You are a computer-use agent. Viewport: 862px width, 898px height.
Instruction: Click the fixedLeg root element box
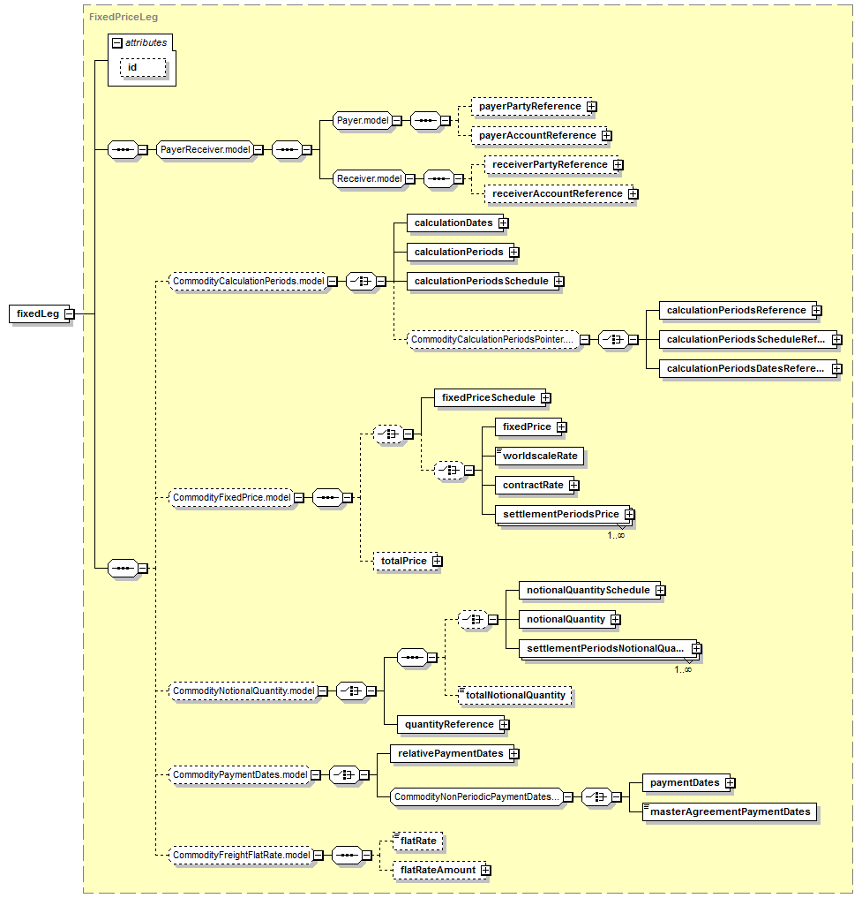39,313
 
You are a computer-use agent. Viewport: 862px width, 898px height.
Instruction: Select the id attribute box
143,68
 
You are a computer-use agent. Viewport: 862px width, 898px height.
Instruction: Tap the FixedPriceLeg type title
123,17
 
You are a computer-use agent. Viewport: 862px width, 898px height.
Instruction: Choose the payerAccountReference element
538,136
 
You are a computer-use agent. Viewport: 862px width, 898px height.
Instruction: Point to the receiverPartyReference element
551,165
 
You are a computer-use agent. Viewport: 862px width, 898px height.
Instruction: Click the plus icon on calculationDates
503,223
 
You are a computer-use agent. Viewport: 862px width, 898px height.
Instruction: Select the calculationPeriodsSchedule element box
483,281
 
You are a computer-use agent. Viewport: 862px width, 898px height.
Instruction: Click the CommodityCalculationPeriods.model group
249,281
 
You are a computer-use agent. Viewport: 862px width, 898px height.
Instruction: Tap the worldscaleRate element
539,456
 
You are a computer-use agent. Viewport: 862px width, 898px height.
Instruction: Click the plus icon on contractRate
574,485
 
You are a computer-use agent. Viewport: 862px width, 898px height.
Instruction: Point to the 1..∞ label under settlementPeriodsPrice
616,535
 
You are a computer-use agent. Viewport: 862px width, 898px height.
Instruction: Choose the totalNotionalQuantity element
514,695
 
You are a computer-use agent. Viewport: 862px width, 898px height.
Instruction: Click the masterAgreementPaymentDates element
730,812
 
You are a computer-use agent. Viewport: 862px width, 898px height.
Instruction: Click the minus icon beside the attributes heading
117,43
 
